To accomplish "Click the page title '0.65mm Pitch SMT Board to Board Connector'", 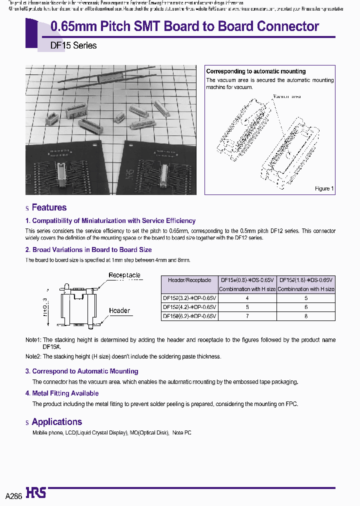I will click(185, 26).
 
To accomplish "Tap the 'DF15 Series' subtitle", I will click(73, 45).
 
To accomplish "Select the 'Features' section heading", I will click(49, 207).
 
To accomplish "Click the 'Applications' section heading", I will click(56, 422).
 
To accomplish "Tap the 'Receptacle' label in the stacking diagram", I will click(124, 275).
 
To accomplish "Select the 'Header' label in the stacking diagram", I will click(119, 310).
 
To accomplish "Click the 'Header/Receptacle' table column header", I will click(189, 280).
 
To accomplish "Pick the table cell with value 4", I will click(247, 298).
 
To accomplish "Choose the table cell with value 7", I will click(247, 316).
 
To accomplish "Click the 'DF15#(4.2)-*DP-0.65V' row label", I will click(189, 307).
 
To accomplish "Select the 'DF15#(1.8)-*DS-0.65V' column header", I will click(306, 280).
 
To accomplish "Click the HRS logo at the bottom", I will click(36, 493).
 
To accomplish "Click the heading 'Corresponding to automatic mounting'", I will click(256, 71).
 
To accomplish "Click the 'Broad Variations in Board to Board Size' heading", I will click(88, 249).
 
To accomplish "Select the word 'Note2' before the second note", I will click(33, 356).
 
